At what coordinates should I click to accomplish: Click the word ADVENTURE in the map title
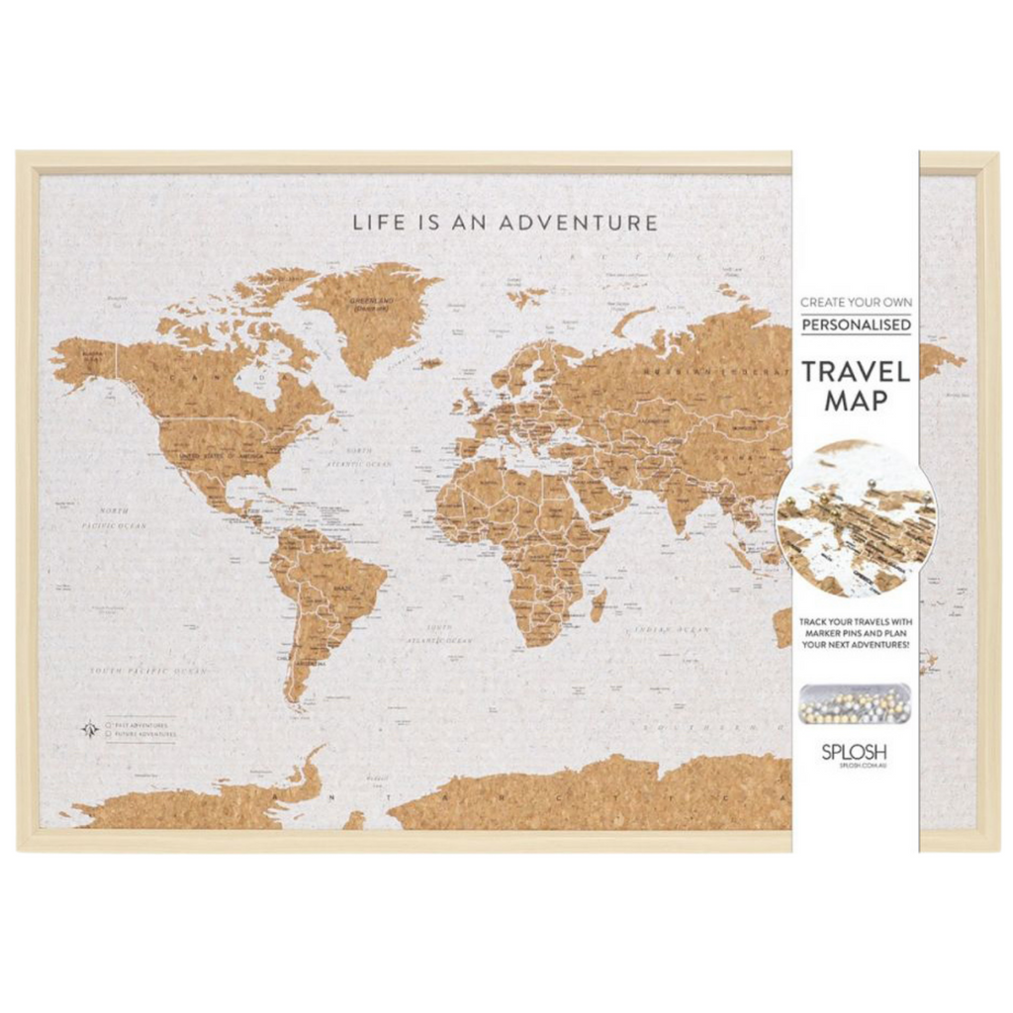578,222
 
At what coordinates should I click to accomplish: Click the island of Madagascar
599,604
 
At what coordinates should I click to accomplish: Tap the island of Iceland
430,364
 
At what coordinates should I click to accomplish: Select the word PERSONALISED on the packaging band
856,324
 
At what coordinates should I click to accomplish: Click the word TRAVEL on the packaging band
856,372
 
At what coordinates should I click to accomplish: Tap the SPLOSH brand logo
855,751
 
